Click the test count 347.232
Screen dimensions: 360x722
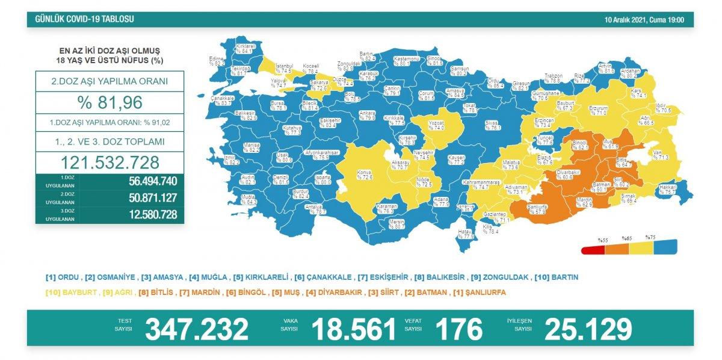197,329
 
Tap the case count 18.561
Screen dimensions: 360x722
354,329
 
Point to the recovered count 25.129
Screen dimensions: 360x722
588,329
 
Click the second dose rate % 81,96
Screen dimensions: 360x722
110,102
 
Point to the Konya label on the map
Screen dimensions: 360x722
365,172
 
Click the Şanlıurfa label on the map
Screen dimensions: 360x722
536,206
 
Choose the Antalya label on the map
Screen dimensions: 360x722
315,208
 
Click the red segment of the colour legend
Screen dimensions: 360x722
593,250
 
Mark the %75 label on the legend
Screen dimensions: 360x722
650,237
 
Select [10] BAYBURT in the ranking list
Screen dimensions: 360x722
66,293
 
